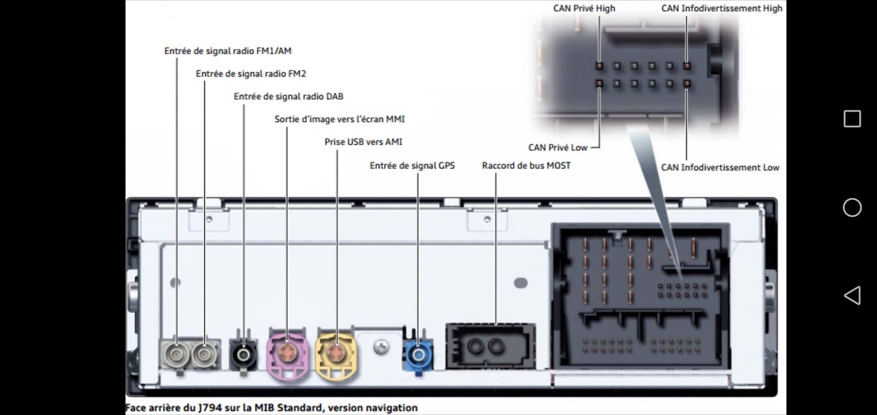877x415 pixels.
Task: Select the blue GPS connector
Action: pyautogui.click(x=417, y=355)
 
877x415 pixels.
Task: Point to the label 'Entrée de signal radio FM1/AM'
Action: pyautogui.click(x=228, y=51)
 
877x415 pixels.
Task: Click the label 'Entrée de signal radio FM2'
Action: pyautogui.click(x=251, y=73)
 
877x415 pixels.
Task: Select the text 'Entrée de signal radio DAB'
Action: pyautogui.click(x=288, y=97)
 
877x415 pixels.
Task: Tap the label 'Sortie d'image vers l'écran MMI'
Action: pyautogui.click(x=339, y=119)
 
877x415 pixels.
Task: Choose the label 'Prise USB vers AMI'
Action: pyautogui.click(x=363, y=142)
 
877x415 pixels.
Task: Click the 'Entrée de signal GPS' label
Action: pyautogui.click(x=412, y=165)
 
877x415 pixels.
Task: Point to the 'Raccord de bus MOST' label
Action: pyautogui.click(x=526, y=165)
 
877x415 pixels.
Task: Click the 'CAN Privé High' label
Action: pyautogui.click(x=584, y=8)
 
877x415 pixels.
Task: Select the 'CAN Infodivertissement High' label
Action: pyautogui.click(x=721, y=8)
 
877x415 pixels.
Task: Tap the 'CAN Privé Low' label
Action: pyautogui.click(x=558, y=147)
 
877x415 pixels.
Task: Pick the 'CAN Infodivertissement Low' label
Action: pyautogui.click(x=719, y=167)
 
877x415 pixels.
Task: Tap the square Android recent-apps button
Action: pyautogui.click(x=852, y=118)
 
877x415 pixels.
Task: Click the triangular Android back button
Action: pyautogui.click(x=852, y=296)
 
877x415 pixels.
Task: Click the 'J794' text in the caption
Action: pyautogui.click(x=209, y=408)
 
